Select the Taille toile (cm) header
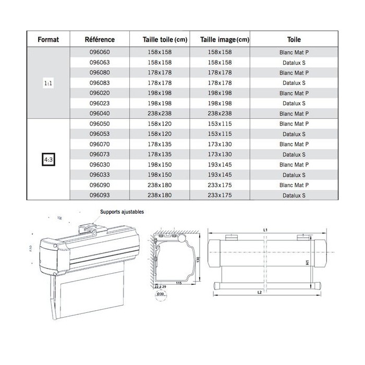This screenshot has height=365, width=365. coord(165,40)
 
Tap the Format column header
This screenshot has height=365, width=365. coord(47,40)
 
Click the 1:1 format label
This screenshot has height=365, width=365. coord(47,83)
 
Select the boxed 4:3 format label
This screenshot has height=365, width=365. coord(47,160)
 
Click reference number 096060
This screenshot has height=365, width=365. coord(100,53)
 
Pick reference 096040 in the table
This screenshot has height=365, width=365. coord(100,113)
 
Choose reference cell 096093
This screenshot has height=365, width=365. coord(100,194)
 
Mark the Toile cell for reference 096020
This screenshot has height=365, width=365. coord(295,93)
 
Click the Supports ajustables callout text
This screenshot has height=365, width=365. coord(121,212)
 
